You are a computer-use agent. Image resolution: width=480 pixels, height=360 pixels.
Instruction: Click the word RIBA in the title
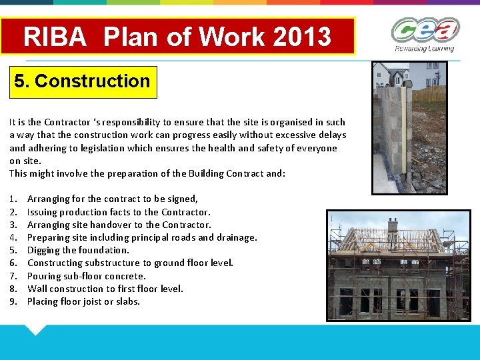pyautogui.click(x=55, y=37)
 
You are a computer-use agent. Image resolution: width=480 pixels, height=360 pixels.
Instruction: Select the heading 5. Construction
pyautogui.click(x=82, y=81)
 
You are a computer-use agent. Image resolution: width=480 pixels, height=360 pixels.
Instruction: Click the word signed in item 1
pyautogui.click(x=183, y=199)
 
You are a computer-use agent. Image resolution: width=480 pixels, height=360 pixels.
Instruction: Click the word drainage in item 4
pyautogui.click(x=236, y=237)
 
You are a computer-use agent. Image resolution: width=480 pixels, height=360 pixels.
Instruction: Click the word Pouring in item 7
pyautogui.click(x=43, y=276)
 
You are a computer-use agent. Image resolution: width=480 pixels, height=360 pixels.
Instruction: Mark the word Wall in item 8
pyautogui.click(x=37, y=289)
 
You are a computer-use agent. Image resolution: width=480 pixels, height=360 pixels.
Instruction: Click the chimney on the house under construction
pyautogui.click(x=393, y=225)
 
